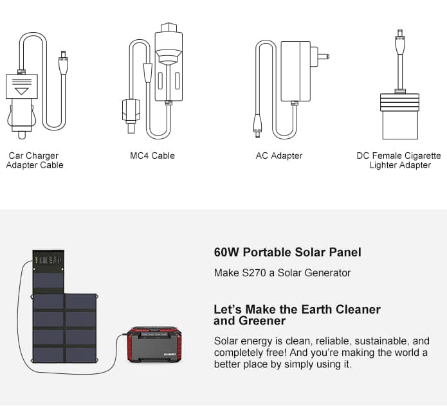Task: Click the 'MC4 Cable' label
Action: coord(152,155)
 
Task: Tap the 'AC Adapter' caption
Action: coord(278,155)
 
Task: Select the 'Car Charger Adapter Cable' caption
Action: coord(35,160)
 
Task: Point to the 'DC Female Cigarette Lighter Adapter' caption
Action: coord(399,160)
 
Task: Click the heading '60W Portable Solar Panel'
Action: coord(287,252)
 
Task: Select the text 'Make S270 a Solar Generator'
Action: coord(282,273)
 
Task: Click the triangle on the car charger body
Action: coord(22,91)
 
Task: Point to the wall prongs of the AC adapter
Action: coord(320,57)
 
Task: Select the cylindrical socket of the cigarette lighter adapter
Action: coord(399,124)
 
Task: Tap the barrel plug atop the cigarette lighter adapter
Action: coord(400,42)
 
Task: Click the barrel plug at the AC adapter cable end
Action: coord(257,126)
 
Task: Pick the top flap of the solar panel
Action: coord(48,271)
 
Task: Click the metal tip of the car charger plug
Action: coord(22,135)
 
